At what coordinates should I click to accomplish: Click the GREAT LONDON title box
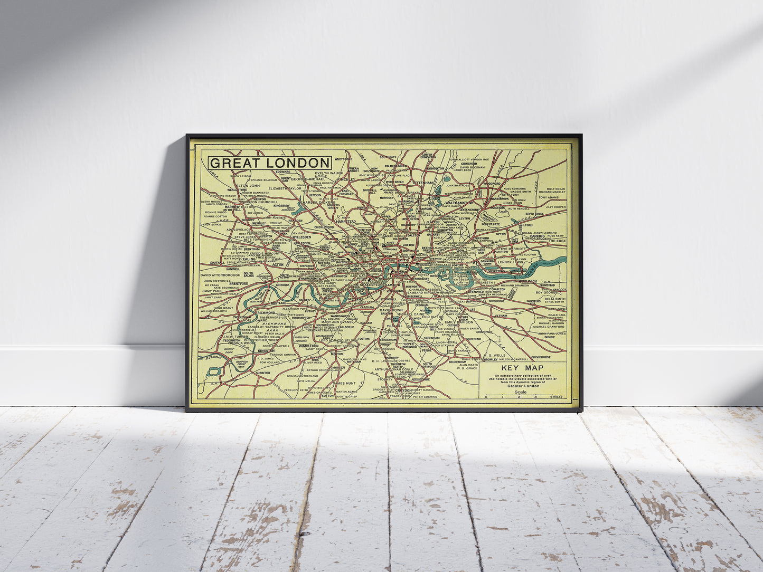coord(270,163)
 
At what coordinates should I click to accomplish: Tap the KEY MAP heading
coord(523,368)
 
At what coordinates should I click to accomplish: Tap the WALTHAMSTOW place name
coord(459,203)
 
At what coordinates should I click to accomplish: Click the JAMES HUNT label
coord(344,383)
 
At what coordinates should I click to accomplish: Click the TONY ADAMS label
coord(549,198)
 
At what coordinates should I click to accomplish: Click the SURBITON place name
coord(262,373)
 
